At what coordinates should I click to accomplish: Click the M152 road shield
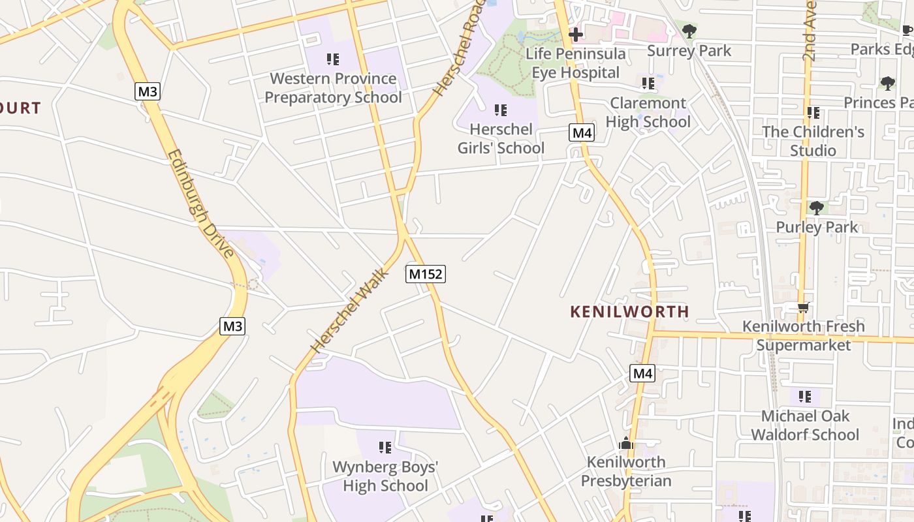[426, 274]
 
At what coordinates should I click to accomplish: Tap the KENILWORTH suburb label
[629, 311]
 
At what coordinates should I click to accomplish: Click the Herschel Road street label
[461, 49]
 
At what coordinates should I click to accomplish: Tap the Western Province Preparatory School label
[333, 88]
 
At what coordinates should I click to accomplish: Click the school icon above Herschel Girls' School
[501, 110]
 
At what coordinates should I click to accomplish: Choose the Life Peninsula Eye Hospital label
[575, 63]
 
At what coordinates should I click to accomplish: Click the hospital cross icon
[576, 34]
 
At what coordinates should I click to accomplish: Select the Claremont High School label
[648, 112]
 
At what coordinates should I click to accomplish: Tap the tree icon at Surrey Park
[689, 30]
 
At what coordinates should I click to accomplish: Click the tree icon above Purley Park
[816, 208]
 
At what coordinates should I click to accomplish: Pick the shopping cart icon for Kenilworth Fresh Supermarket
[804, 307]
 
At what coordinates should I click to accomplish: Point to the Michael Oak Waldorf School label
[805, 425]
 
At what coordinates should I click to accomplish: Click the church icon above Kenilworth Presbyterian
[626, 443]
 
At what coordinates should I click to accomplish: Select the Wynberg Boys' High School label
[385, 476]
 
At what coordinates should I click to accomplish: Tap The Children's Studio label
[813, 141]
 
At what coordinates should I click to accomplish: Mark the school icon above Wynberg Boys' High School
[385, 448]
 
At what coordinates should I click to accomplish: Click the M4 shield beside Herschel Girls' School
[582, 133]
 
